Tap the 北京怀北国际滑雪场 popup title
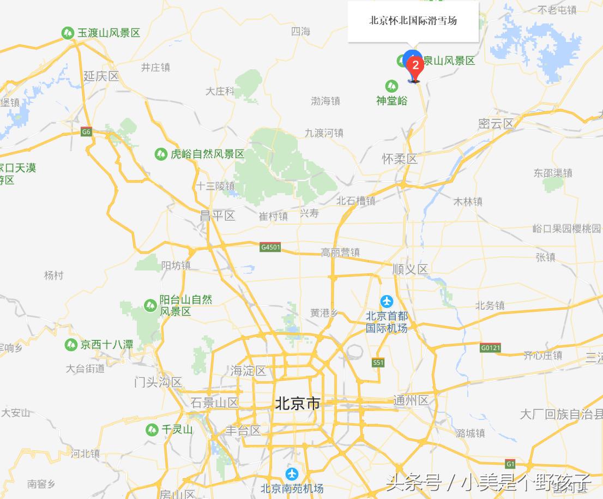413,21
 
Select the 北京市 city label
297,404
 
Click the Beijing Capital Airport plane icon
387,300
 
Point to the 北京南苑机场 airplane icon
292,473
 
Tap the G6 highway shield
86,131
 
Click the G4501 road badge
270,247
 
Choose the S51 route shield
378,362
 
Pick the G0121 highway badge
490,347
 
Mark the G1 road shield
510,464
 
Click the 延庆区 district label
101,76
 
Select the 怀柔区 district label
400,159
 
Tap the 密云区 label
496,123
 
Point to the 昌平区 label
217,215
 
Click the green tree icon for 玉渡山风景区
68,33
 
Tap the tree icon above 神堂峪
391,86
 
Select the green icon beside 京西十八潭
70,345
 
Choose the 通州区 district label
411,401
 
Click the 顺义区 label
410,269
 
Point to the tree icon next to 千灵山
152,430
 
